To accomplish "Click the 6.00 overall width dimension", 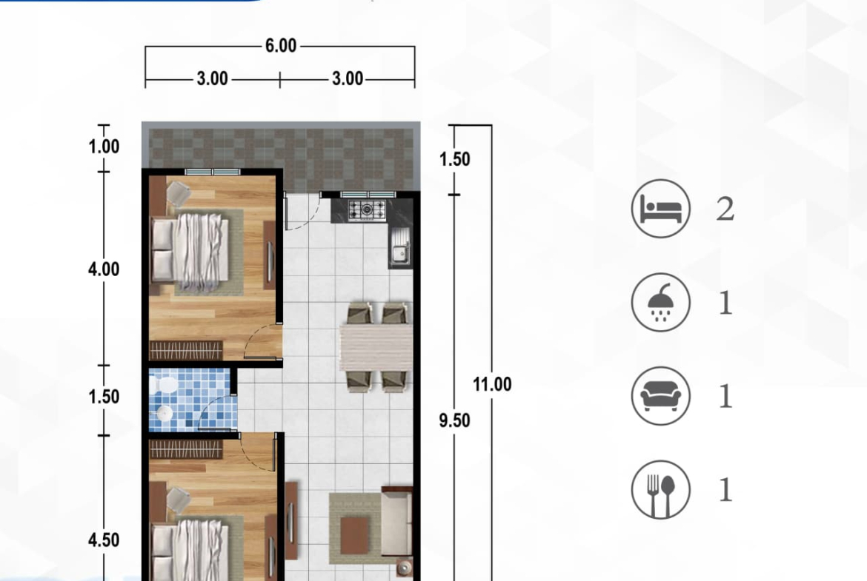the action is [281, 45].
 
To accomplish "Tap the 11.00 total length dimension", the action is [491, 384].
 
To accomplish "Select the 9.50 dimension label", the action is [454, 420].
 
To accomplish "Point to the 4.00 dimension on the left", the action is [104, 269].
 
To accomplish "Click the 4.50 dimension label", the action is [104, 540].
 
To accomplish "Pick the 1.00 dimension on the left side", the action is [104, 147].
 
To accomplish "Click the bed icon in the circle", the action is [661, 209].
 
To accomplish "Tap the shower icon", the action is [661, 303].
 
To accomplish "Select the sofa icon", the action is [661, 396].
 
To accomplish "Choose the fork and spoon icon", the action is [661, 490].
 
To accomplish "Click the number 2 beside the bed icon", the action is [725, 209].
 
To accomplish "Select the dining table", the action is [376, 347].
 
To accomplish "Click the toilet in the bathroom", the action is [162, 384].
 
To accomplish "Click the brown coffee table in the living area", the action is [354, 535].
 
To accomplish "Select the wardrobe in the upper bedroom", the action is [186, 350].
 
